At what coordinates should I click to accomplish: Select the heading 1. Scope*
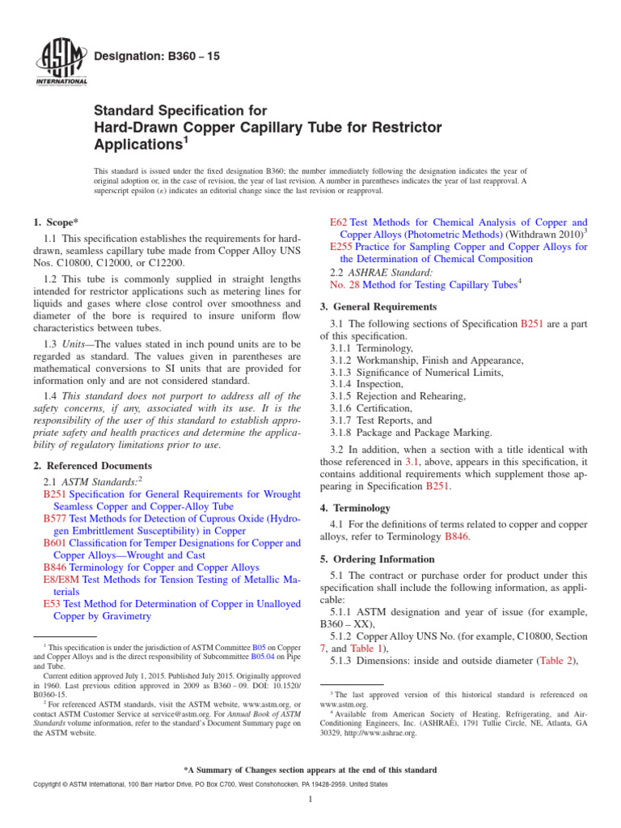57,222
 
